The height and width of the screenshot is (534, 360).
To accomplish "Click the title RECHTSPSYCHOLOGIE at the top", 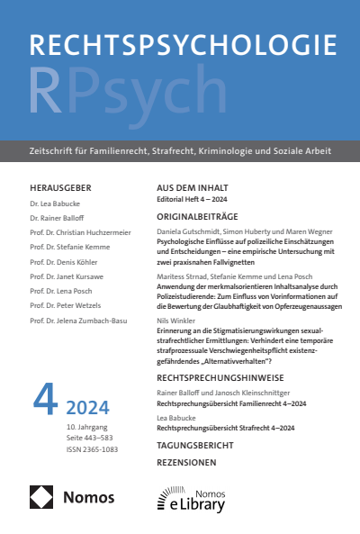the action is click(x=179, y=46).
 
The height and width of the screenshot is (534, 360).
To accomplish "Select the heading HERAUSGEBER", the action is click(x=60, y=187).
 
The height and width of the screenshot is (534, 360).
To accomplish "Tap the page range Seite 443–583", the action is click(x=87, y=438).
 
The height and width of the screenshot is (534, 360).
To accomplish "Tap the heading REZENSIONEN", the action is click(x=186, y=463).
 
